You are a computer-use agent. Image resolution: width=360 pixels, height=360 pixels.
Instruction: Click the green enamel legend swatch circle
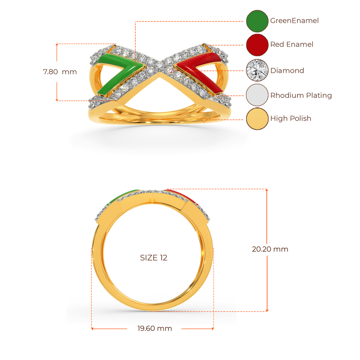click(x=257, y=21)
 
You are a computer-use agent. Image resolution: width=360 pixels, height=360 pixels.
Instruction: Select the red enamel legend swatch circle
click(x=257, y=45)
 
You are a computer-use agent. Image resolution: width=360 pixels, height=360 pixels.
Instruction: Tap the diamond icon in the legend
click(x=257, y=70)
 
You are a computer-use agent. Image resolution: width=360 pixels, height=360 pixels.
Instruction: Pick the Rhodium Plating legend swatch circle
click(x=257, y=95)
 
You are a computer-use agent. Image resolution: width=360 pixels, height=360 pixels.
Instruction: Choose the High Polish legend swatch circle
click(x=257, y=119)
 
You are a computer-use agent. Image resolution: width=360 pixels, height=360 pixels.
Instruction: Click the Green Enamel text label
click(x=294, y=21)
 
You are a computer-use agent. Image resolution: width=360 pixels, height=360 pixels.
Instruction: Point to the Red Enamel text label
click(x=291, y=45)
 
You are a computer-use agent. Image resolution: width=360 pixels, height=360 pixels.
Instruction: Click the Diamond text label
click(x=287, y=70)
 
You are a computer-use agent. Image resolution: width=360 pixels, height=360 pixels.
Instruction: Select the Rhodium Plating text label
click(x=301, y=95)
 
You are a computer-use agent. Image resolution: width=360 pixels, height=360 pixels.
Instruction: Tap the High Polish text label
click(x=291, y=118)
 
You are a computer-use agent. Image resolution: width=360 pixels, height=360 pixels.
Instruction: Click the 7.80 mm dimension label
click(x=60, y=72)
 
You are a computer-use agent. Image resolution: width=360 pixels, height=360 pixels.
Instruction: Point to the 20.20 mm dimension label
click(x=270, y=249)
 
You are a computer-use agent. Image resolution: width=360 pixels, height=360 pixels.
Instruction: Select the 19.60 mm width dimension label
click(x=155, y=329)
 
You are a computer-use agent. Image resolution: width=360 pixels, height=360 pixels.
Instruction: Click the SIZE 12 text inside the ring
click(x=154, y=258)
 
